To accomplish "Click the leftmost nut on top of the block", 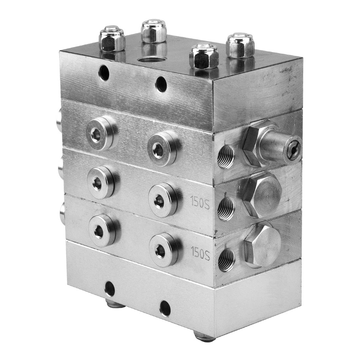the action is [112, 39].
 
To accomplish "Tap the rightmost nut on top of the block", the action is [240, 45].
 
